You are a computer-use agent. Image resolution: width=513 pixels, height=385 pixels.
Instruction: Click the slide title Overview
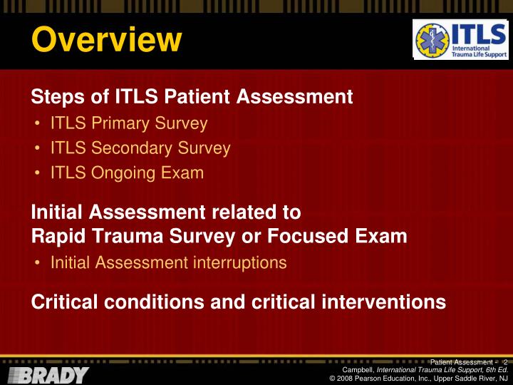click(106, 39)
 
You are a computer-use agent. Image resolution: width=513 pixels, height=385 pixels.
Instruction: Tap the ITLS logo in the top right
click(460, 40)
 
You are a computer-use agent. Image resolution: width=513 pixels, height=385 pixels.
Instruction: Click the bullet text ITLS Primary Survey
click(129, 123)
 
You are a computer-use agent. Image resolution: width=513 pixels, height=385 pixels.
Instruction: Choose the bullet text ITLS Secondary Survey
click(140, 148)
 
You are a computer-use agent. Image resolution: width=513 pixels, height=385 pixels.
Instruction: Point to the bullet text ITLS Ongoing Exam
click(127, 173)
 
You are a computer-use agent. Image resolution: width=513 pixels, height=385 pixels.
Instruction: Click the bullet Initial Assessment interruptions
click(168, 262)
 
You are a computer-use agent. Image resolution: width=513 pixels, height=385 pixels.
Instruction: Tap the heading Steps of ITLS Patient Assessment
click(192, 96)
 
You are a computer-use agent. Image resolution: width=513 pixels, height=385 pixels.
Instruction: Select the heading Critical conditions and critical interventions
click(239, 302)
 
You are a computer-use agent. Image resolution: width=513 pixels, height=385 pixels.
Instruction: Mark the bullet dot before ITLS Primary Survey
click(37, 124)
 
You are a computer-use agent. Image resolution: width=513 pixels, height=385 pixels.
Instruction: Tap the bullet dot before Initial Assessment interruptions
click(37, 263)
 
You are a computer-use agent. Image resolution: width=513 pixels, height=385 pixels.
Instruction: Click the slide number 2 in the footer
click(504, 362)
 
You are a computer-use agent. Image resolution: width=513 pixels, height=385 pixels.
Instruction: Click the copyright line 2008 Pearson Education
click(418, 379)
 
